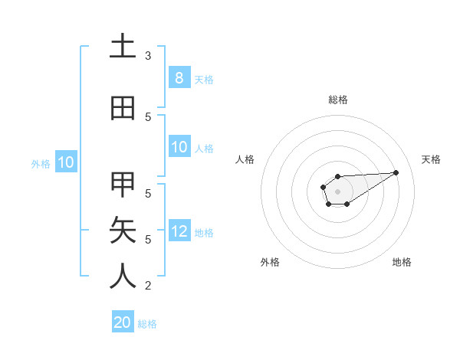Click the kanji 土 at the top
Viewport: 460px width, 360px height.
pyautogui.click(x=123, y=47)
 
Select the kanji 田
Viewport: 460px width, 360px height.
pyautogui.click(x=123, y=109)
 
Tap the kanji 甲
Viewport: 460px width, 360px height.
pyautogui.click(x=123, y=185)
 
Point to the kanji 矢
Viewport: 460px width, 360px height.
pyautogui.click(x=123, y=230)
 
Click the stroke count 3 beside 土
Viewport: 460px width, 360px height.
pyautogui.click(x=148, y=56)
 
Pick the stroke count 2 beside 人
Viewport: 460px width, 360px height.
pyautogui.click(x=148, y=286)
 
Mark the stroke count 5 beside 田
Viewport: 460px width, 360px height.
pyautogui.click(x=148, y=117)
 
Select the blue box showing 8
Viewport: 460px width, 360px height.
pyautogui.click(x=179, y=78)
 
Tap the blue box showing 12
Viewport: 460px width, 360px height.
pyautogui.click(x=179, y=231)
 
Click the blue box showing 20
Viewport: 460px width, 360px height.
pyautogui.click(x=123, y=322)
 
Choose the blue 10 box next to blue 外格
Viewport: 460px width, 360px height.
pyautogui.click(x=65, y=162)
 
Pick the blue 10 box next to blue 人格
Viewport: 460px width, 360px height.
pyautogui.click(x=179, y=147)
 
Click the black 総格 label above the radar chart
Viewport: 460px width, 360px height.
pyautogui.click(x=337, y=100)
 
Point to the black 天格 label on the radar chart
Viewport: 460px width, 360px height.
pyautogui.click(x=431, y=159)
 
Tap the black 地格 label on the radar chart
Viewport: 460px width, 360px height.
pyautogui.click(x=402, y=262)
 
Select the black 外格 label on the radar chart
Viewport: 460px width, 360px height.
pyautogui.click(x=270, y=262)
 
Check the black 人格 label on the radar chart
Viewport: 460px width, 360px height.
pyautogui.click(x=245, y=159)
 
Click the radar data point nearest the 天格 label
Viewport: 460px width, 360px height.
pyautogui.click(x=396, y=172)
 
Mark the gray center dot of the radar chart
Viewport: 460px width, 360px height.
pyautogui.click(x=337, y=191)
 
